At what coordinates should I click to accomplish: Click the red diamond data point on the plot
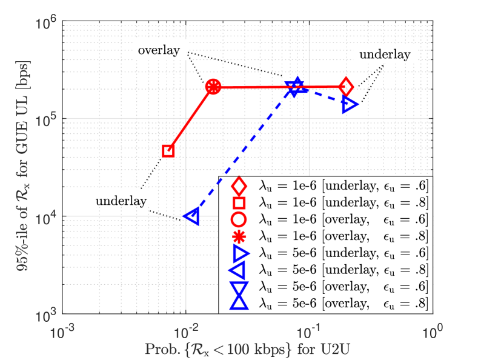click(346, 87)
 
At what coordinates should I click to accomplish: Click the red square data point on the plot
click(168, 150)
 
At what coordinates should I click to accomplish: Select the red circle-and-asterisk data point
click(213, 87)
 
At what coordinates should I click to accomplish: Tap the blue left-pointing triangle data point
click(192, 216)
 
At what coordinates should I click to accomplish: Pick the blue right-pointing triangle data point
click(350, 104)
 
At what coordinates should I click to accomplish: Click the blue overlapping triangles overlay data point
click(296, 87)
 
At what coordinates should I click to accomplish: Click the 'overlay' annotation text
click(159, 50)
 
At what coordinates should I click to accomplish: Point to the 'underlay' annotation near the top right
click(385, 55)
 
